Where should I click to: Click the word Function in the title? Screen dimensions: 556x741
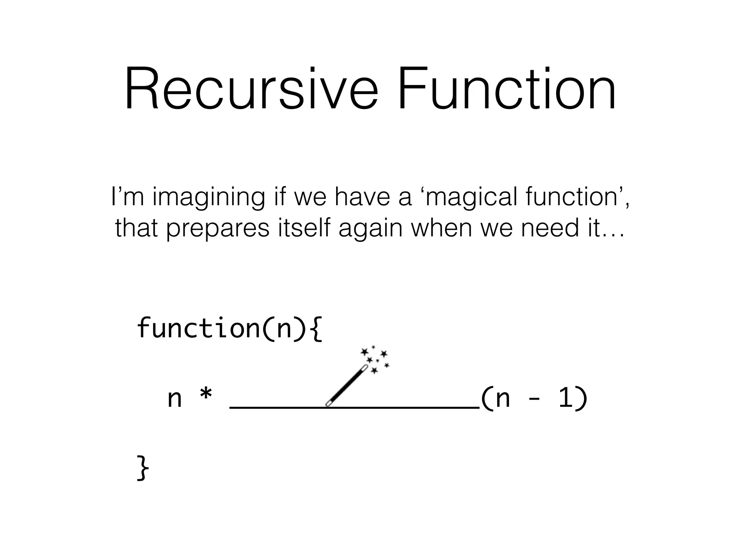coord(507,89)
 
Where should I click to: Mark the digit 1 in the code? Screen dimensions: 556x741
coord(565,398)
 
